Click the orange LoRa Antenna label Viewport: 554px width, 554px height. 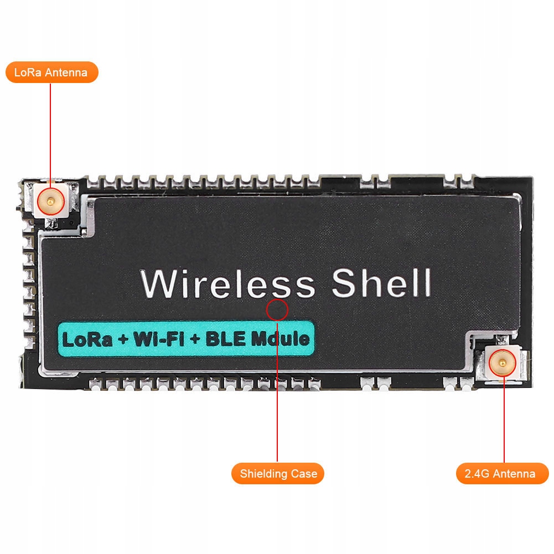(x=51, y=73)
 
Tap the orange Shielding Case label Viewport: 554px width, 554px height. (x=278, y=474)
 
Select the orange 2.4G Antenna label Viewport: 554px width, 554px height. (x=503, y=474)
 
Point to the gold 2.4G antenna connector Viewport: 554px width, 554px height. (x=503, y=364)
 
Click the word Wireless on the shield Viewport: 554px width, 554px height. (x=227, y=284)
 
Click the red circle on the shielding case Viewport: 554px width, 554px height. (x=277, y=310)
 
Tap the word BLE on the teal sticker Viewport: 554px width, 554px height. (x=226, y=339)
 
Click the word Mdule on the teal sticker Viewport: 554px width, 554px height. (x=281, y=339)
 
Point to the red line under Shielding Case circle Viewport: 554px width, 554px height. (x=277, y=387)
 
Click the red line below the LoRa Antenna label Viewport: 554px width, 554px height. (x=50, y=133)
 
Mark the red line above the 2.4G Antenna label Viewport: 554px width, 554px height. (x=504, y=421)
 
